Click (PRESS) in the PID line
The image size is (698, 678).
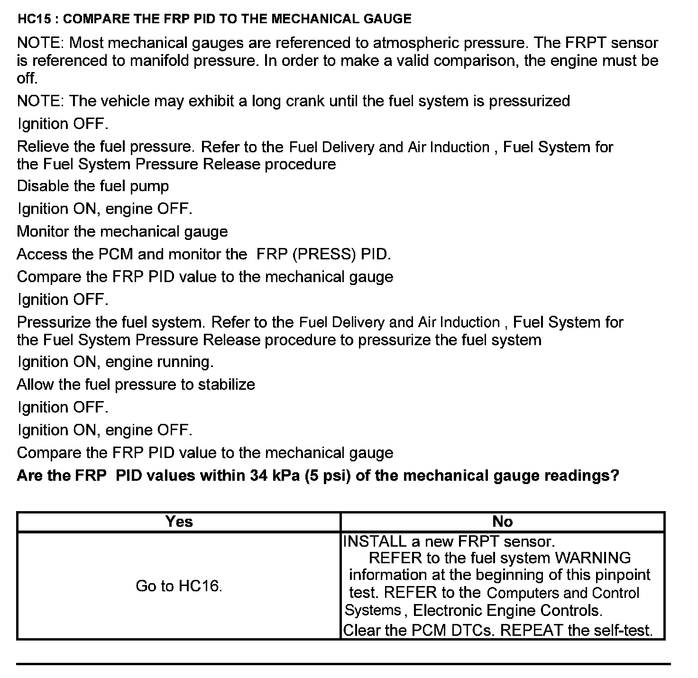324,255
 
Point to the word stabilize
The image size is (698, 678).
226,384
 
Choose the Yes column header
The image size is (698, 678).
179,522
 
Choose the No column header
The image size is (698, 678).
503,522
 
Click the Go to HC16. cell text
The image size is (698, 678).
179,586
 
